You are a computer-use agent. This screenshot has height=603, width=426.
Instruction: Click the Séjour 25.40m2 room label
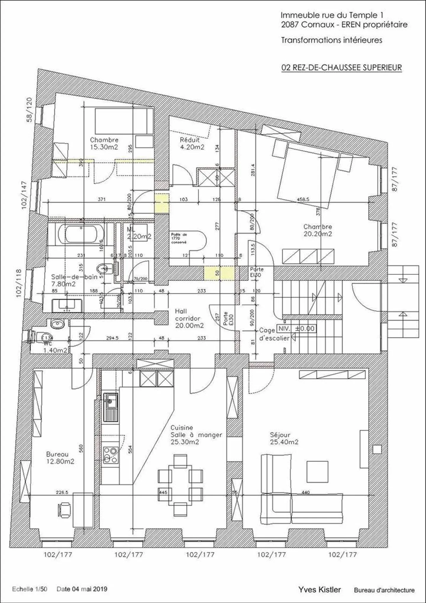(284, 438)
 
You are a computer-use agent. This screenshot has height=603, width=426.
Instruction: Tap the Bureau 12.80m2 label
(60, 458)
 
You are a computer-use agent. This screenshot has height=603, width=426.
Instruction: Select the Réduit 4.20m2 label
(192, 143)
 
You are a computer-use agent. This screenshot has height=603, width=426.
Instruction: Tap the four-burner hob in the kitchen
(110, 455)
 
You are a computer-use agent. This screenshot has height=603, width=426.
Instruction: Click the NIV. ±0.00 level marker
(296, 329)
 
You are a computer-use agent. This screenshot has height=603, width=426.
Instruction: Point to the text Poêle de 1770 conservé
(179, 238)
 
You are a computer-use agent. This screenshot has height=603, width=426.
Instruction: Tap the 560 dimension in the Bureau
(81, 448)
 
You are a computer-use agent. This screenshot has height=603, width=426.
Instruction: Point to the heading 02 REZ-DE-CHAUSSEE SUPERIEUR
(341, 68)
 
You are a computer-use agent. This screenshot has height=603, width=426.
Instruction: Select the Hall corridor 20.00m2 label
(189, 319)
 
